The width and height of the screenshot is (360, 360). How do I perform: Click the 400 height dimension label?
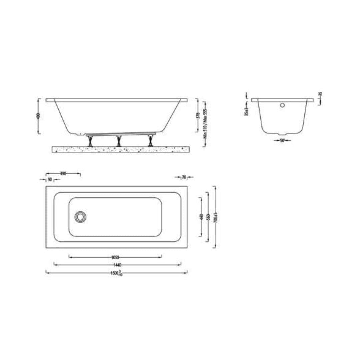(39, 116)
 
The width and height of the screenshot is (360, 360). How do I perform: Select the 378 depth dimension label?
(198, 116)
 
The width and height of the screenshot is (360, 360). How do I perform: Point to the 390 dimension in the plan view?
(63, 173)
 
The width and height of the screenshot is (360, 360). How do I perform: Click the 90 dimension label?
(50, 179)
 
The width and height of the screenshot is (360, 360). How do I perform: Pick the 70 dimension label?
(184, 177)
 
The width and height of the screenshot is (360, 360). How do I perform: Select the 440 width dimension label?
(201, 217)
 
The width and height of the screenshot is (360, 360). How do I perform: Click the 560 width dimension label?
(208, 217)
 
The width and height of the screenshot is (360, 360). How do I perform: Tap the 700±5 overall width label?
(215, 217)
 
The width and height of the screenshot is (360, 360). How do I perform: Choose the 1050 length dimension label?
(115, 257)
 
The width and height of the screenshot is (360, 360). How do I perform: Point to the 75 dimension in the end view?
(321, 95)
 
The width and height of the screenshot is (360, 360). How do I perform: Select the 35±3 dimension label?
(246, 111)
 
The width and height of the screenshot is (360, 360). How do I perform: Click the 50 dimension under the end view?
(282, 141)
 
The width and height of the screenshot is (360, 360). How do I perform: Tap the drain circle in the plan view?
(80, 217)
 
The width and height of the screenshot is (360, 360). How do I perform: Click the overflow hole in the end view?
(282, 105)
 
